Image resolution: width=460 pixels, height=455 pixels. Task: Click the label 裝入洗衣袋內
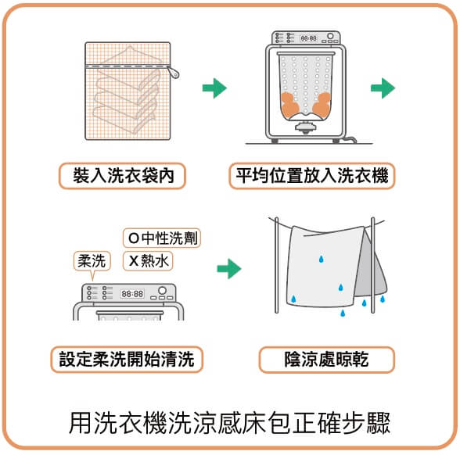tap(122, 176)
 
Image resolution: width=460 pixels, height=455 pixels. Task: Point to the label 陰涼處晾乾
tap(326, 359)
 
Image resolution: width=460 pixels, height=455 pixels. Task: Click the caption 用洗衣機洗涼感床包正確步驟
tap(229, 423)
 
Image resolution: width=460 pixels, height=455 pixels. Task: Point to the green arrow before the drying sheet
tap(228, 270)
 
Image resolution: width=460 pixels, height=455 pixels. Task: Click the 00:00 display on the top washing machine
tap(307, 38)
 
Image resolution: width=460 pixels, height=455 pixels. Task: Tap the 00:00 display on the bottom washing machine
tap(132, 294)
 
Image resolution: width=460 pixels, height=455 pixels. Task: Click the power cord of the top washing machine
tap(357, 141)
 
